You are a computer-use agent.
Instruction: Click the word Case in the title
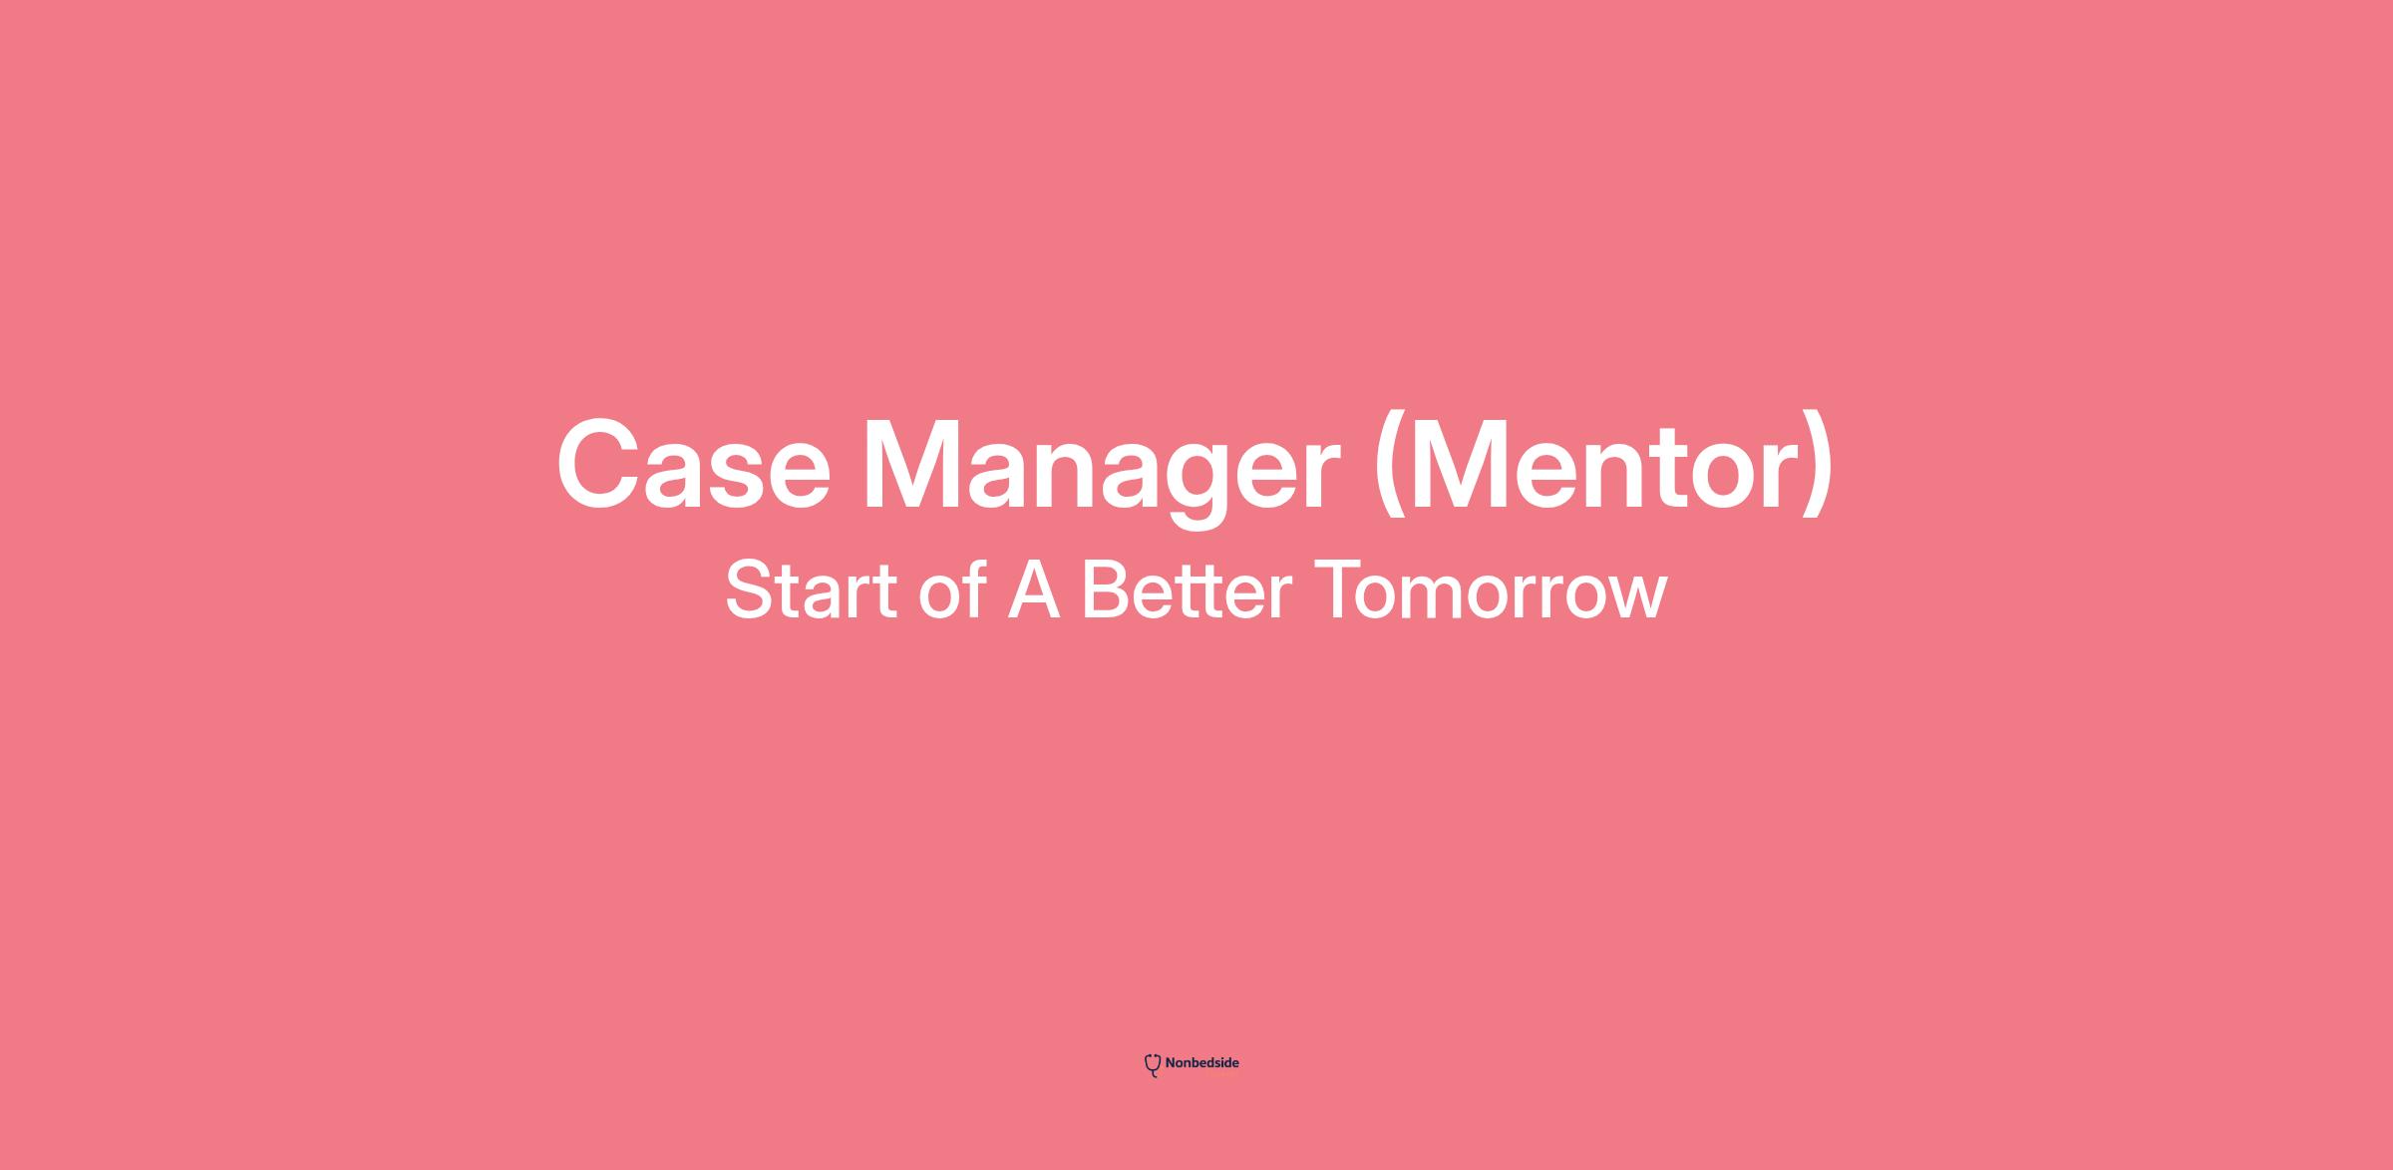[694, 465]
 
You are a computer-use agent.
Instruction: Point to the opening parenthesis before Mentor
[1390, 466]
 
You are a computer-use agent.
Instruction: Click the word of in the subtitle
[952, 589]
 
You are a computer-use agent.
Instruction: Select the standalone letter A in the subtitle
[1033, 589]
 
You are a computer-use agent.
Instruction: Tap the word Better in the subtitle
[1187, 589]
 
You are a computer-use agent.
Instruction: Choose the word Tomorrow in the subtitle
[1491, 589]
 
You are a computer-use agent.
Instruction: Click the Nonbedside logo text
[1201, 1063]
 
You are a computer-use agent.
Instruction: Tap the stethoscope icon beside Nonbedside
[1153, 1065]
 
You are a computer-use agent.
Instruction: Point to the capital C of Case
[603, 465]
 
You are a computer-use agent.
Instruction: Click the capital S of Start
[750, 589]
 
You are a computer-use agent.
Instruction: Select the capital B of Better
[1107, 589]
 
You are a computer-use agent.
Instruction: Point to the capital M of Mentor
[1471, 465]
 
